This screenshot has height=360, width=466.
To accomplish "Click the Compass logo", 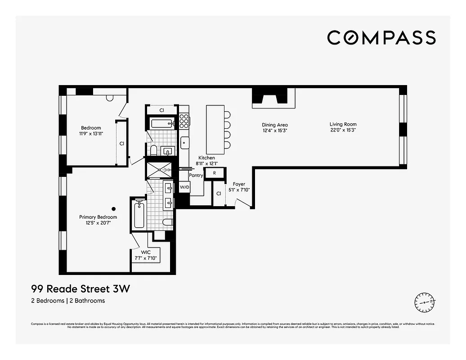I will (x=381, y=37).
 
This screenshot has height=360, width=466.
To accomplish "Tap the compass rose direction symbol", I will (x=425, y=302).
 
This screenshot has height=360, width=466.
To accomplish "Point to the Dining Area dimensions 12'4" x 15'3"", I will (x=275, y=130).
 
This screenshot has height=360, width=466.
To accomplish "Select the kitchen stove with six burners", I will (x=184, y=120).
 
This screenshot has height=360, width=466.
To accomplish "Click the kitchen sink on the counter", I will (x=184, y=144).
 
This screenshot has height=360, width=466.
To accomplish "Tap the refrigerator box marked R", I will (x=215, y=173).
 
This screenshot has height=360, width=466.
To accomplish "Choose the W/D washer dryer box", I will (x=184, y=187).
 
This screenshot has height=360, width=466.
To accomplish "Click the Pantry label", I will (x=196, y=175).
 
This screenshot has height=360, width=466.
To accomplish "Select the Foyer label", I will (x=239, y=184).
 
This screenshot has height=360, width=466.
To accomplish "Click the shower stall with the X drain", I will (x=160, y=170).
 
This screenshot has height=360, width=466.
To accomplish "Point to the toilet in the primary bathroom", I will (x=167, y=222).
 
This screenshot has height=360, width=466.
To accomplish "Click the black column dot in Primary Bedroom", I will (x=114, y=208).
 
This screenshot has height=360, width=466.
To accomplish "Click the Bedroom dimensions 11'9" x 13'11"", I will (x=91, y=134).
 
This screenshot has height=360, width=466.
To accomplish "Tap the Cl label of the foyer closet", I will (x=219, y=193).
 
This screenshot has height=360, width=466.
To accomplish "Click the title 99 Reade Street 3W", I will (x=80, y=289).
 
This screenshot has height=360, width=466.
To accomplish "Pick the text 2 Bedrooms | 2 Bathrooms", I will (x=67, y=301).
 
